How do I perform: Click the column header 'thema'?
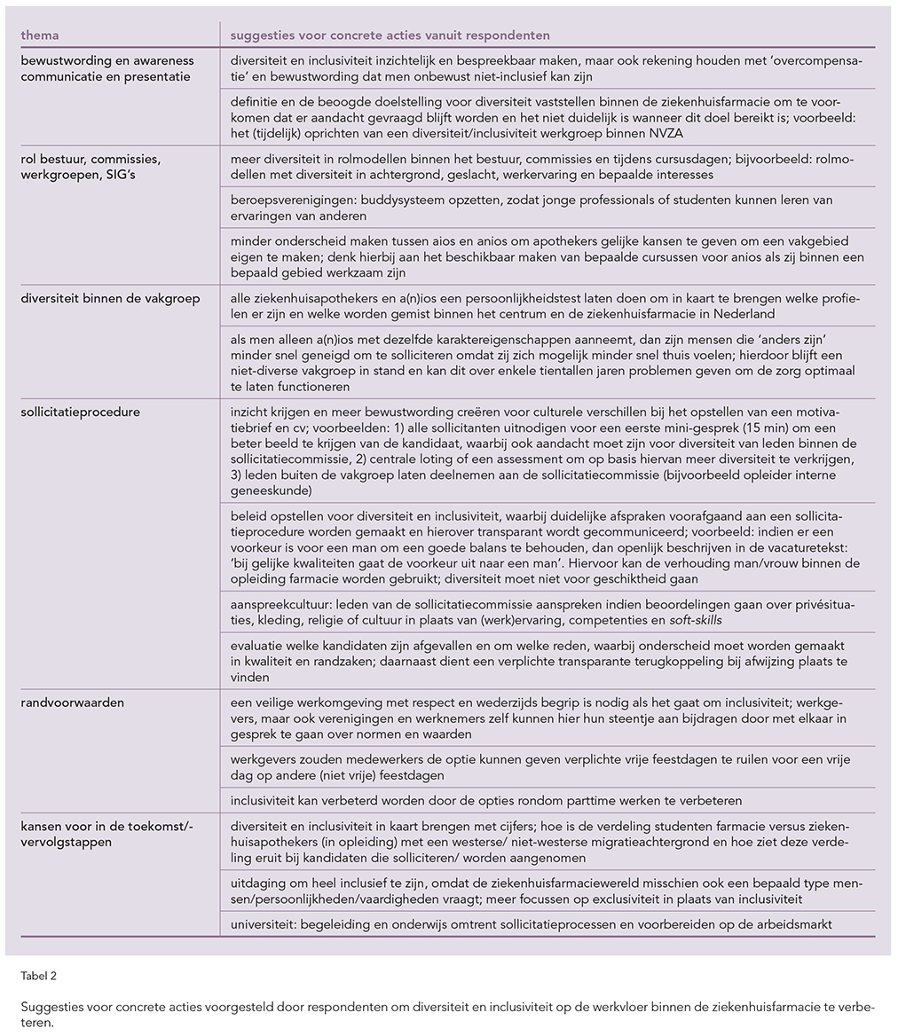(40, 35)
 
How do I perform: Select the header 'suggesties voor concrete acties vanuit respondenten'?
(390, 35)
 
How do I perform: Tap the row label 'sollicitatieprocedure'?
(81, 412)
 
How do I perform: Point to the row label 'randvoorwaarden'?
(73, 702)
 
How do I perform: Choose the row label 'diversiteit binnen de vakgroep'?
(111, 298)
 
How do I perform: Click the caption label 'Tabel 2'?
(38, 977)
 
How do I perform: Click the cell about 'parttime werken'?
(485, 801)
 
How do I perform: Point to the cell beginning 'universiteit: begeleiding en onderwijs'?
(531, 924)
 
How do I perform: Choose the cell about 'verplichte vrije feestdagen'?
(539, 767)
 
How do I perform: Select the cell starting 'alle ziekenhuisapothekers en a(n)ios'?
(546, 306)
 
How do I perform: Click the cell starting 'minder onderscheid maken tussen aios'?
(546, 257)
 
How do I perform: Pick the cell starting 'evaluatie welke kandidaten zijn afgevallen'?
(539, 661)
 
